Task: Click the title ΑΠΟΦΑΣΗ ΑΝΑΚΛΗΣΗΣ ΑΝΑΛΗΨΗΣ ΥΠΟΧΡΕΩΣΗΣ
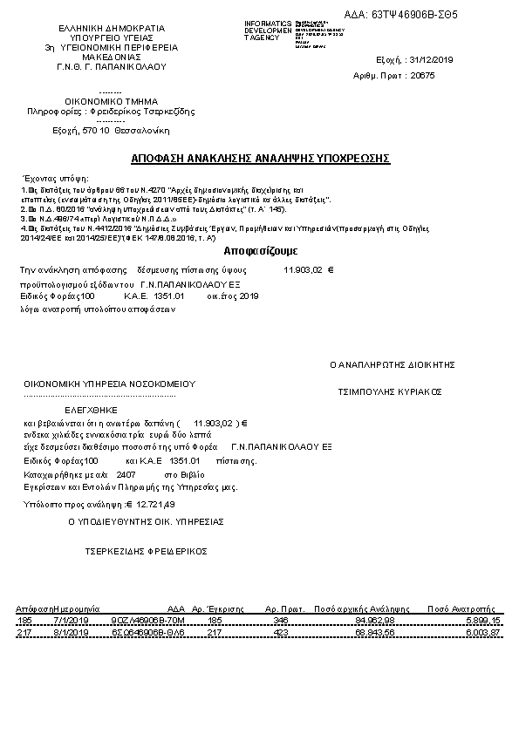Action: (x=260, y=159)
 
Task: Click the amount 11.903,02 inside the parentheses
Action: (x=215, y=422)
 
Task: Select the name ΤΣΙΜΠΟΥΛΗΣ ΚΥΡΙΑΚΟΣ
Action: (x=391, y=391)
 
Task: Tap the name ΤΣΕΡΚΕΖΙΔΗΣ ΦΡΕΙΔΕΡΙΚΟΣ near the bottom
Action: (x=145, y=551)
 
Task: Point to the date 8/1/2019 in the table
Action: (x=72, y=632)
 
